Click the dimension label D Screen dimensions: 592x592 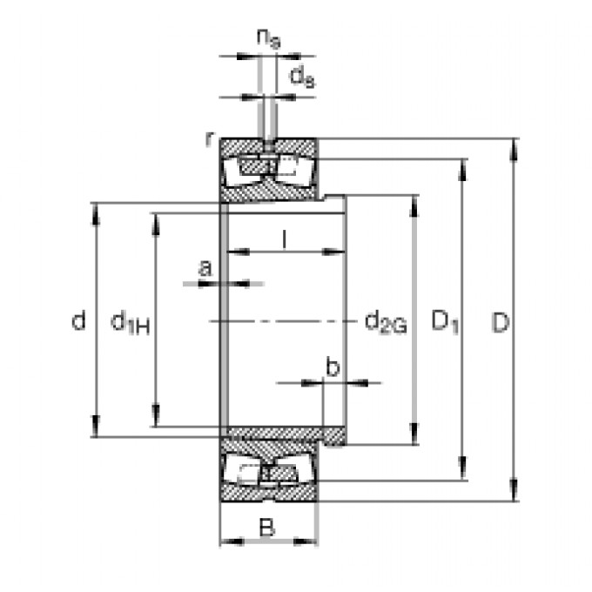(500, 323)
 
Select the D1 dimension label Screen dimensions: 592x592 (446, 323)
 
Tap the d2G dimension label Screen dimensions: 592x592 (385, 323)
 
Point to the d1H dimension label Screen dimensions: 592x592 (131, 323)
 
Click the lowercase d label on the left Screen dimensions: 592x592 (78, 322)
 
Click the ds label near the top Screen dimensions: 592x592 (301, 78)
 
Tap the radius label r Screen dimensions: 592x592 (208, 138)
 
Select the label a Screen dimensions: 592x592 (205, 268)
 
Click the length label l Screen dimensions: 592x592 (285, 238)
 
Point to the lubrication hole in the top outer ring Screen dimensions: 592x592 (268, 144)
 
